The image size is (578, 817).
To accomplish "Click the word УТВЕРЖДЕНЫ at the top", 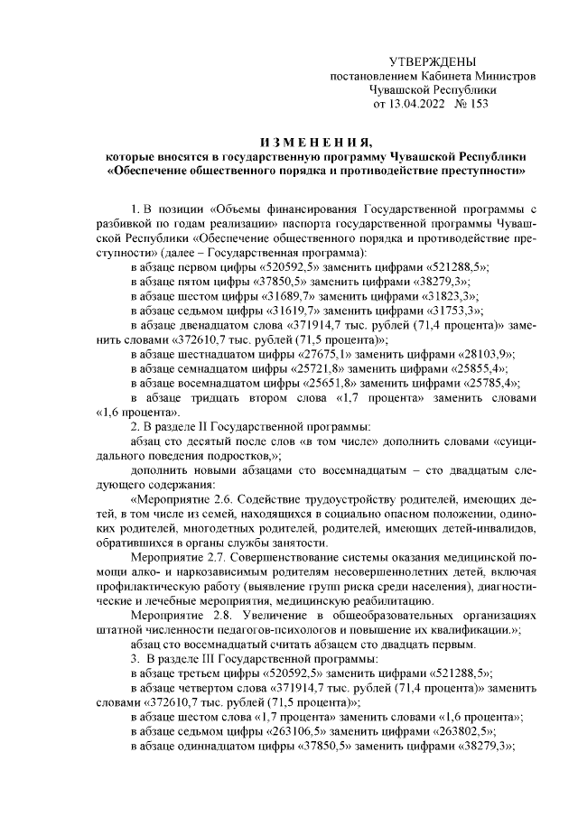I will coord(431,61).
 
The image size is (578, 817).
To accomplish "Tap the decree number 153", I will coord(478,104).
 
